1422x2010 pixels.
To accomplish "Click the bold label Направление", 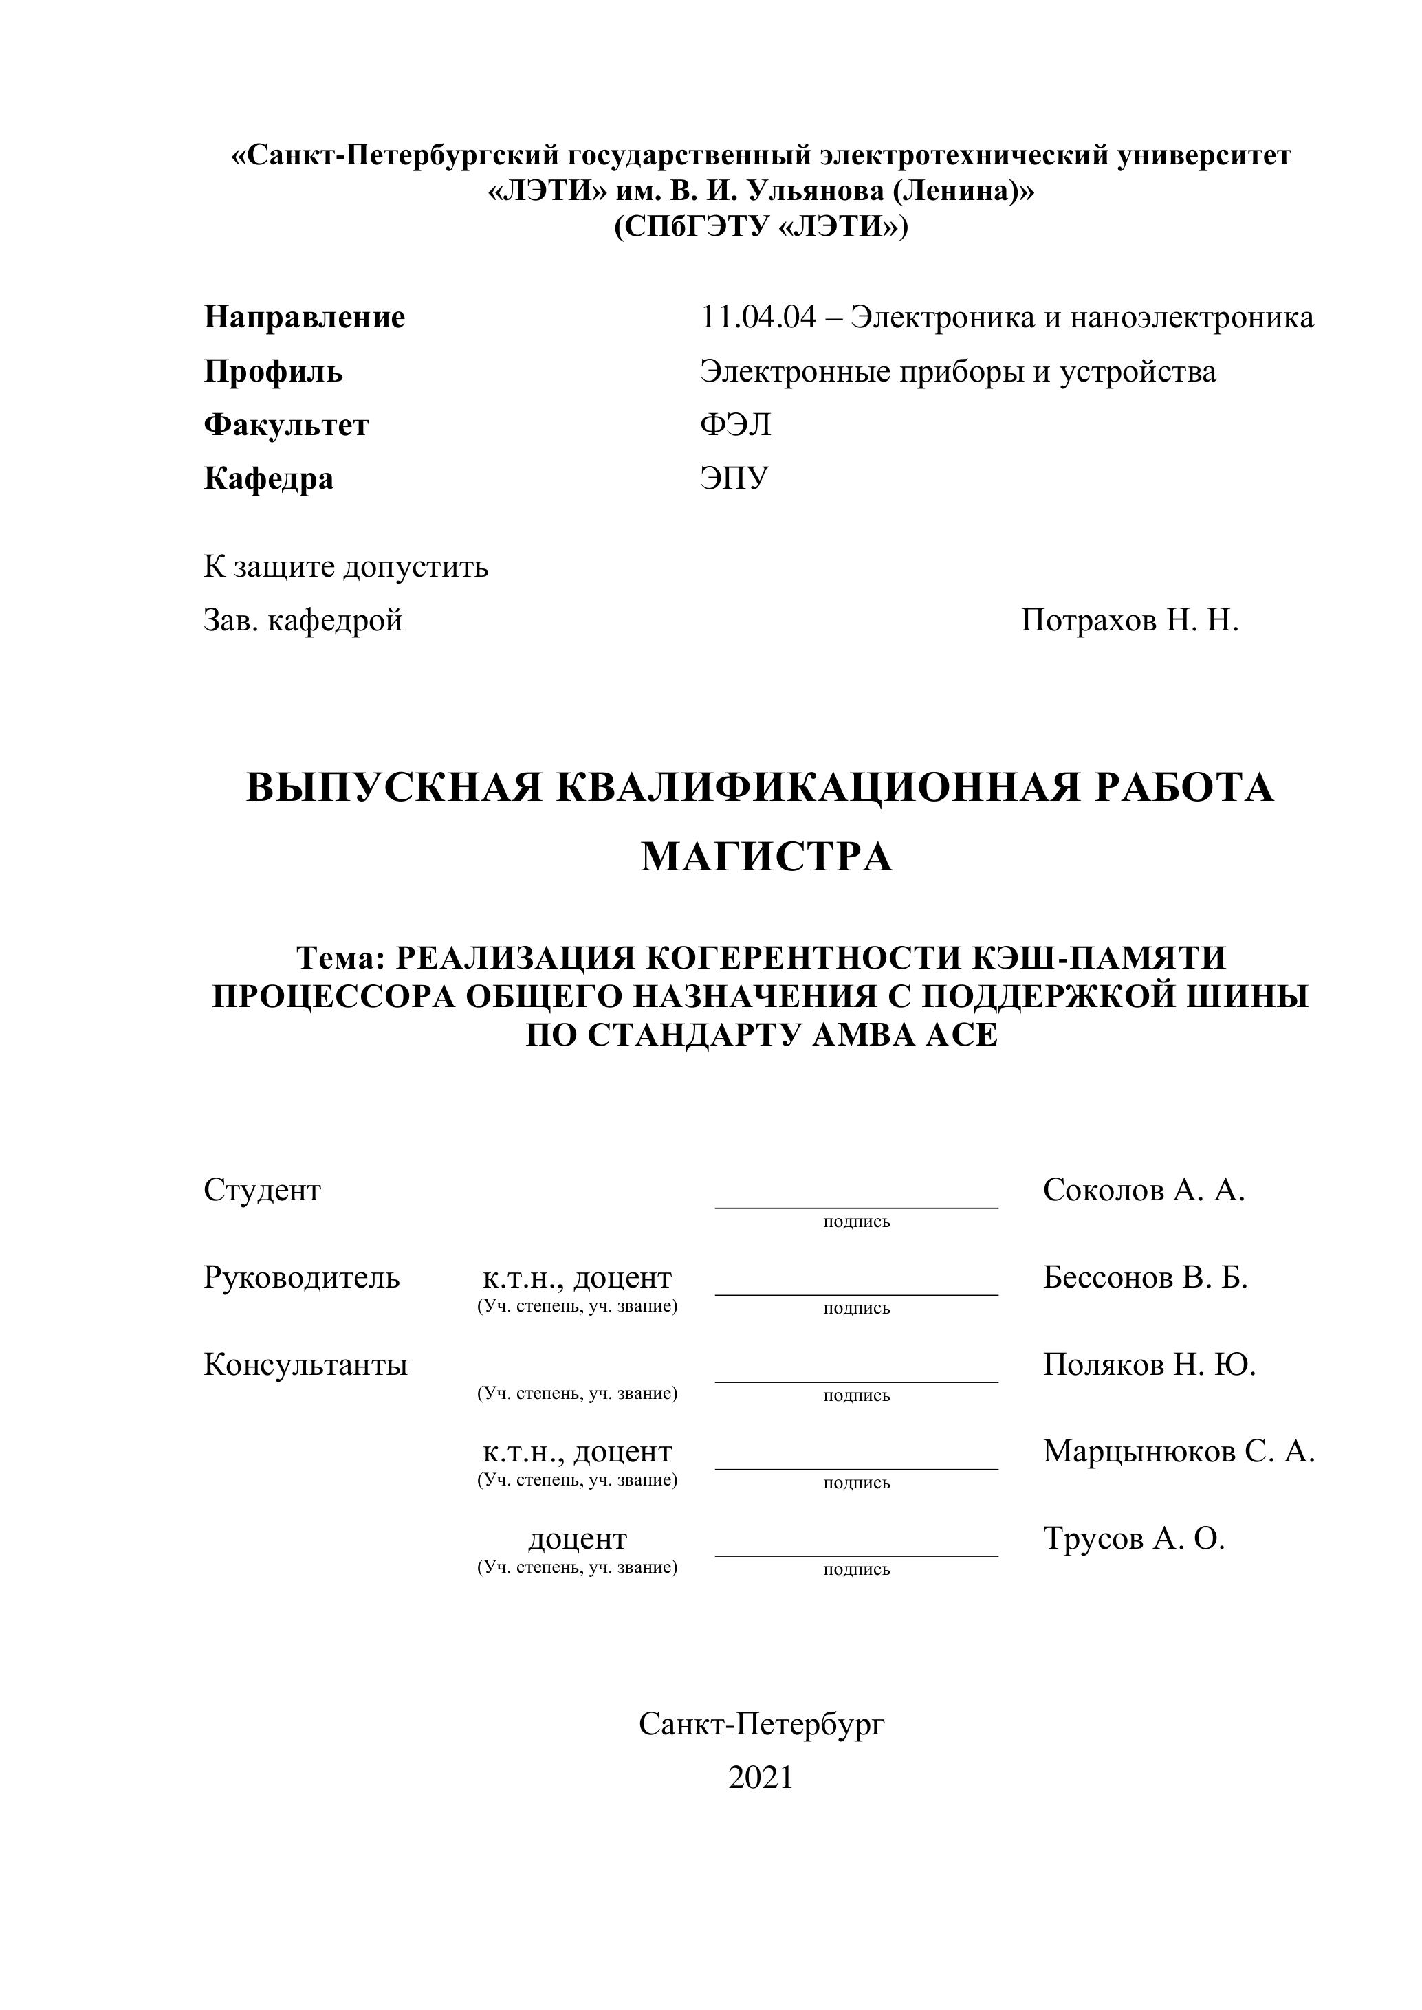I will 304,317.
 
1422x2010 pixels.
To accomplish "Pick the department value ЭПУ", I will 734,479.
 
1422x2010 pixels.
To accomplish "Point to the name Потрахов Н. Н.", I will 1130,621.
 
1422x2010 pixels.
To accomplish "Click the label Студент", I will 262,1191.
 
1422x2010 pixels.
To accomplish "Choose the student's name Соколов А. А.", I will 1144,1191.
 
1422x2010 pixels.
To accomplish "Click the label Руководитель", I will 301,1278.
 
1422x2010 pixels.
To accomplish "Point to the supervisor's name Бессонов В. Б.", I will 1144,1278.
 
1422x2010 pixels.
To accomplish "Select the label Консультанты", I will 305,1365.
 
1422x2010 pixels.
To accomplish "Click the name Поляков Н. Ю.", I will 1149,1365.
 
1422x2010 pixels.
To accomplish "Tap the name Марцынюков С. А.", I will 1179,1451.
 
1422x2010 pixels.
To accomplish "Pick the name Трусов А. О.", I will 1133,1538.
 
